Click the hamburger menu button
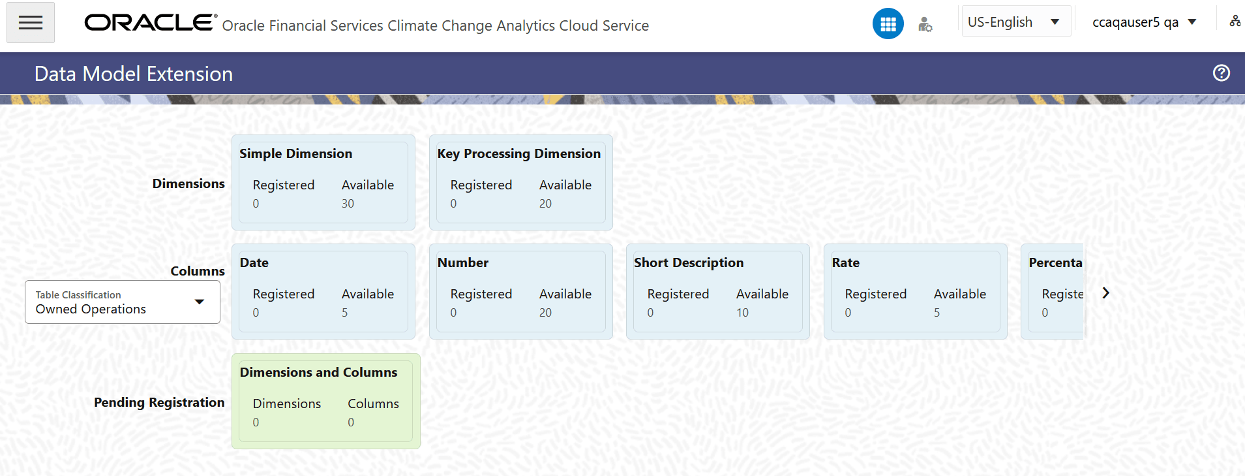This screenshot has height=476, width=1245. click(x=31, y=23)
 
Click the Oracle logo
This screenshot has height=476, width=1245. click(x=150, y=23)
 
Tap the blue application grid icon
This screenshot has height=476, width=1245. click(x=888, y=24)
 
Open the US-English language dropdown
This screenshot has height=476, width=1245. click(x=1015, y=22)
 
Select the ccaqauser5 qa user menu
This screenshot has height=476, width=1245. click(x=1144, y=22)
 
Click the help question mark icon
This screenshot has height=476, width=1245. click(x=1221, y=73)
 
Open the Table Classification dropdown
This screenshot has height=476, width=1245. click(x=123, y=302)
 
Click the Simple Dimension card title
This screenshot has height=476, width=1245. click(x=295, y=154)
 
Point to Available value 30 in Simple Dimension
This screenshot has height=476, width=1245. click(x=348, y=204)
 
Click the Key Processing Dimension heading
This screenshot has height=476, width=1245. click(x=518, y=154)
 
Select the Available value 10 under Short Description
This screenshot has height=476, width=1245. click(x=742, y=313)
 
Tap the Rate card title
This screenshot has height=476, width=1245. click(x=845, y=263)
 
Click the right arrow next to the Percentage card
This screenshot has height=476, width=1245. click(x=1105, y=293)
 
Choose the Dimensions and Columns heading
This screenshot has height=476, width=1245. click(x=318, y=373)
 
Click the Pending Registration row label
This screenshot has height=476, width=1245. click(x=159, y=402)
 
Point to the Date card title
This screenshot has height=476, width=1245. click(x=254, y=263)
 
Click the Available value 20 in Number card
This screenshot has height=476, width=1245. click(x=545, y=313)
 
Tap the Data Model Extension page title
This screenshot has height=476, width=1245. click(x=134, y=74)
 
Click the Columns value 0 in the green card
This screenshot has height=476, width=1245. click(x=351, y=422)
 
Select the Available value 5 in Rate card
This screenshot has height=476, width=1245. click(x=937, y=313)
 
